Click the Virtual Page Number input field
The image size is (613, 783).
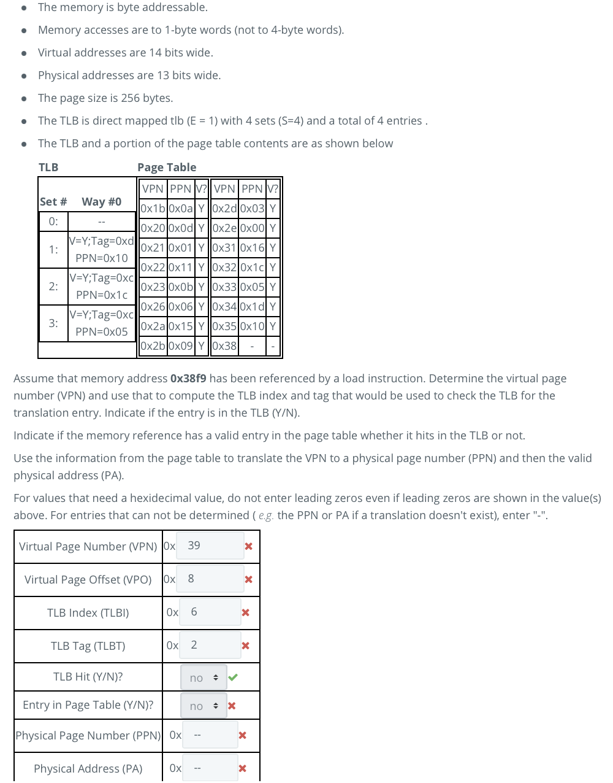coord(210,546)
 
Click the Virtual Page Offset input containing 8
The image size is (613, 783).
coord(210,579)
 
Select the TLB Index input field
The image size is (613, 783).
coord(210,612)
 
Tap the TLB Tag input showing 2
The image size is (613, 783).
coord(210,645)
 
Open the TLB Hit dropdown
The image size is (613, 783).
coord(204,677)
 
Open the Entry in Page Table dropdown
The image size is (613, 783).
coord(204,706)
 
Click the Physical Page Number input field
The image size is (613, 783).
coord(210,735)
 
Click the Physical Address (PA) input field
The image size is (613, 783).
coord(210,768)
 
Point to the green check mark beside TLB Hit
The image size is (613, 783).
coord(233,677)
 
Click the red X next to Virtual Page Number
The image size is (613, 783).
coord(248,546)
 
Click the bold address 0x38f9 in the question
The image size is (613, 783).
coord(188,379)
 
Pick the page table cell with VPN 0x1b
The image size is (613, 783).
coord(153,209)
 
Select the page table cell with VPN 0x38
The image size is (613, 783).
coord(224,346)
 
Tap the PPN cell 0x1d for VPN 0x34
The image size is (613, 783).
coord(252,307)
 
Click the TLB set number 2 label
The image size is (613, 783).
coord(53,287)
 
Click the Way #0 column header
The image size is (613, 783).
coord(101,202)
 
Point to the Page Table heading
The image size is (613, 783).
coord(167,168)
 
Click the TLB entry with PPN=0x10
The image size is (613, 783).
coord(101,250)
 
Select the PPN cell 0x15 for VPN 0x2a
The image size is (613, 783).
coord(180,326)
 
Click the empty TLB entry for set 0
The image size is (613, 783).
coord(101,222)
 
